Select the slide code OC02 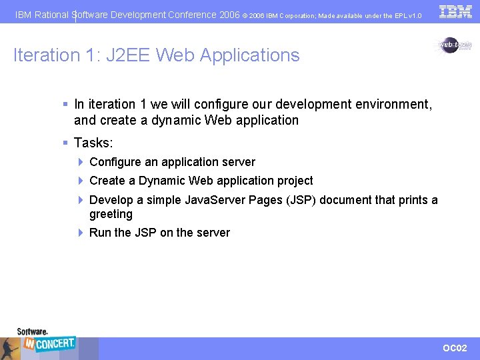pos(455,348)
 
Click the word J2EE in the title pos(125,55)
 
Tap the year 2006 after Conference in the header pos(229,14)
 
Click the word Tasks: pos(93,143)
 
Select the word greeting pos(111,214)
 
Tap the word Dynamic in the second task pos(162,181)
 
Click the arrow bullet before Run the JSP pos(80,233)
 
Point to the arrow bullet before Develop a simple pos(80,200)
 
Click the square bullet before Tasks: pos(65,143)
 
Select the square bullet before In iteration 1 pos(65,104)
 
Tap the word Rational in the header pos(52,14)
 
